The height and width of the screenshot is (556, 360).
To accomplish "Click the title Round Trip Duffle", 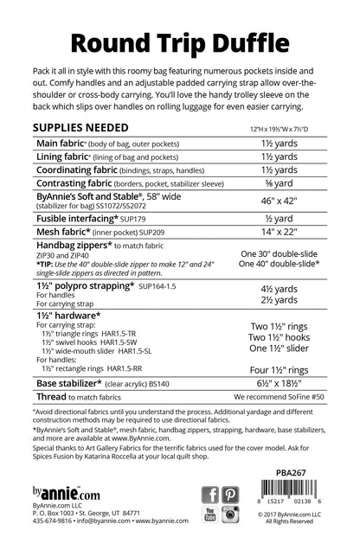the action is [179, 41].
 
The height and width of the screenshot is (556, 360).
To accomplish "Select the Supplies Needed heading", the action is [77, 127].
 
